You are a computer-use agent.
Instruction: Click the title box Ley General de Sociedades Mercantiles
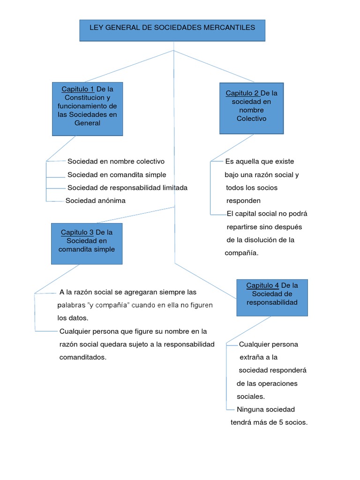[x=172, y=30]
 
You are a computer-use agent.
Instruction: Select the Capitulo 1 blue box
[x=87, y=109]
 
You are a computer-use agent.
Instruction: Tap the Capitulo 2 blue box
[x=251, y=108]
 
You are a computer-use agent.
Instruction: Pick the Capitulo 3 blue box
[x=87, y=244]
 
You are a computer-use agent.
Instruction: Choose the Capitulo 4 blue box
[x=272, y=297]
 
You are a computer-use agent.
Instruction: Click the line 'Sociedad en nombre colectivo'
[x=116, y=161]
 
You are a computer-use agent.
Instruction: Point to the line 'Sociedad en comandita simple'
[x=117, y=174]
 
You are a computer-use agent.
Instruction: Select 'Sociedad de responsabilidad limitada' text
[x=127, y=187]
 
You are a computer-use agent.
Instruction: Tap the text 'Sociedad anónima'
[x=96, y=201]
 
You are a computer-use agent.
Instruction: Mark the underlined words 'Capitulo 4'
[x=262, y=285]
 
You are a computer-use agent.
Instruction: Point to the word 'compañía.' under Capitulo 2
[x=241, y=253]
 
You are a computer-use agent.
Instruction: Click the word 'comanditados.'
[x=83, y=357]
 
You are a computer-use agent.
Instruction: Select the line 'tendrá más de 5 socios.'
[x=269, y=422]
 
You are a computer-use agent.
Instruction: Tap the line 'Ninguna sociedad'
[x=266, y=409]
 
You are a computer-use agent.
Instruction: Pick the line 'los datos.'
[x=73, y=318]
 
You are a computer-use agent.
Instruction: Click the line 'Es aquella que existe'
[x=260, y=161]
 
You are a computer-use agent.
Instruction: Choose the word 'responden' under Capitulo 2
[x=244, y=201]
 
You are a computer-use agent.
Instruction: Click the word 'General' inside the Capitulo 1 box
[x=87, y=123]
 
